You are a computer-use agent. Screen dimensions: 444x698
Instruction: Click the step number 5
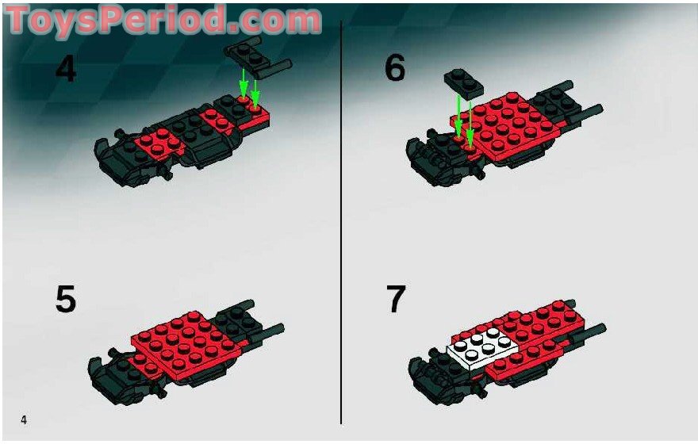pyautogui.click(x=66, y=300)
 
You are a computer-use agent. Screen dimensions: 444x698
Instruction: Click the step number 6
pyautogui.click(x=394, y=69)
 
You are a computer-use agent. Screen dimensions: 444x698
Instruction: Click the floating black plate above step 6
pyautogui.click(x=464, y=80)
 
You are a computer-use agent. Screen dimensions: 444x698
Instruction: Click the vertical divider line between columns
pyautogui.click(x=341, y=222)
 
